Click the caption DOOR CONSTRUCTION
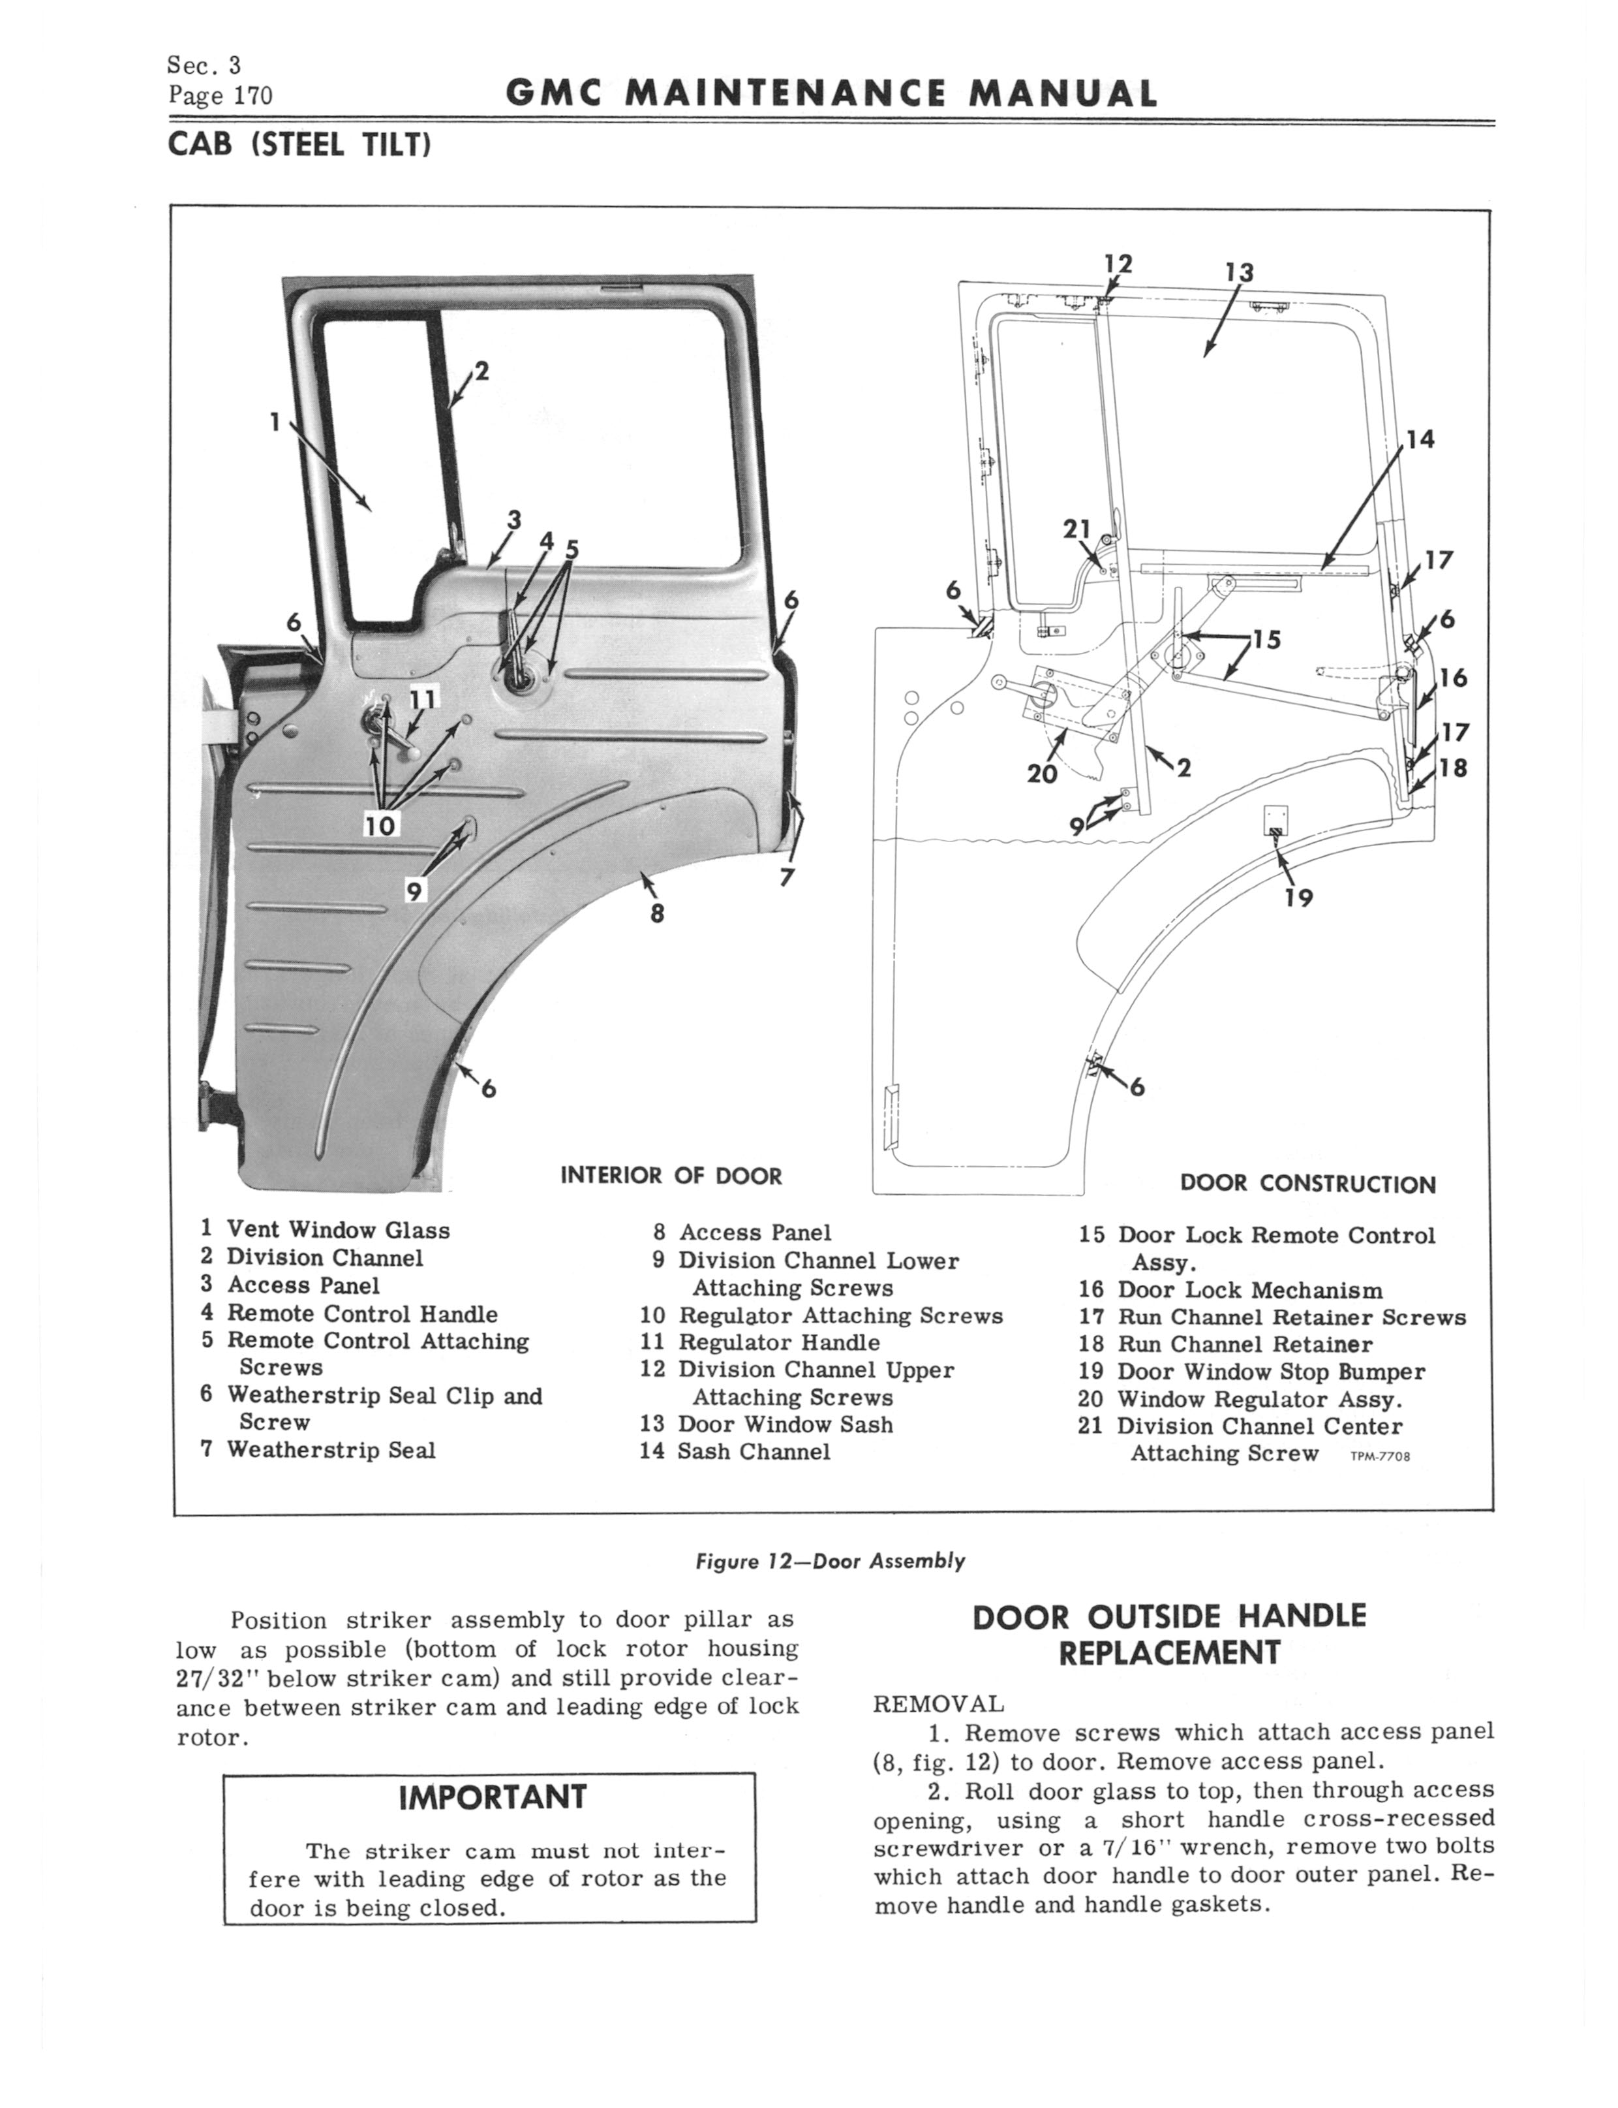[1307, 1184]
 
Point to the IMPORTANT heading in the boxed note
[491, 1797]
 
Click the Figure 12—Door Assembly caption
[829, 1562]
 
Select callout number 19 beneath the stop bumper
[1299, 898]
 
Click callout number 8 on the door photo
[657, 913]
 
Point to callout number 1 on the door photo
[275, 422]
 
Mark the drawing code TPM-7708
[1380, 1456]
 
